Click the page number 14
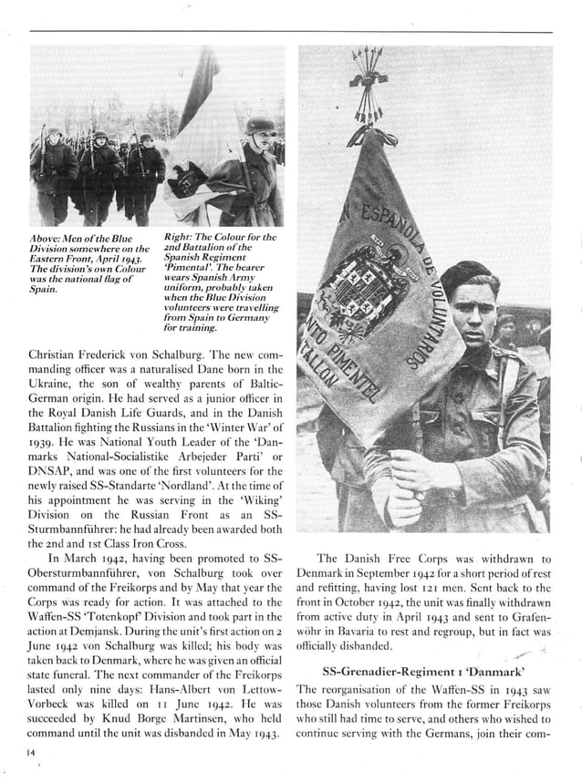35,752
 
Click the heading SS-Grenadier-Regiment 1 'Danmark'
423,668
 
